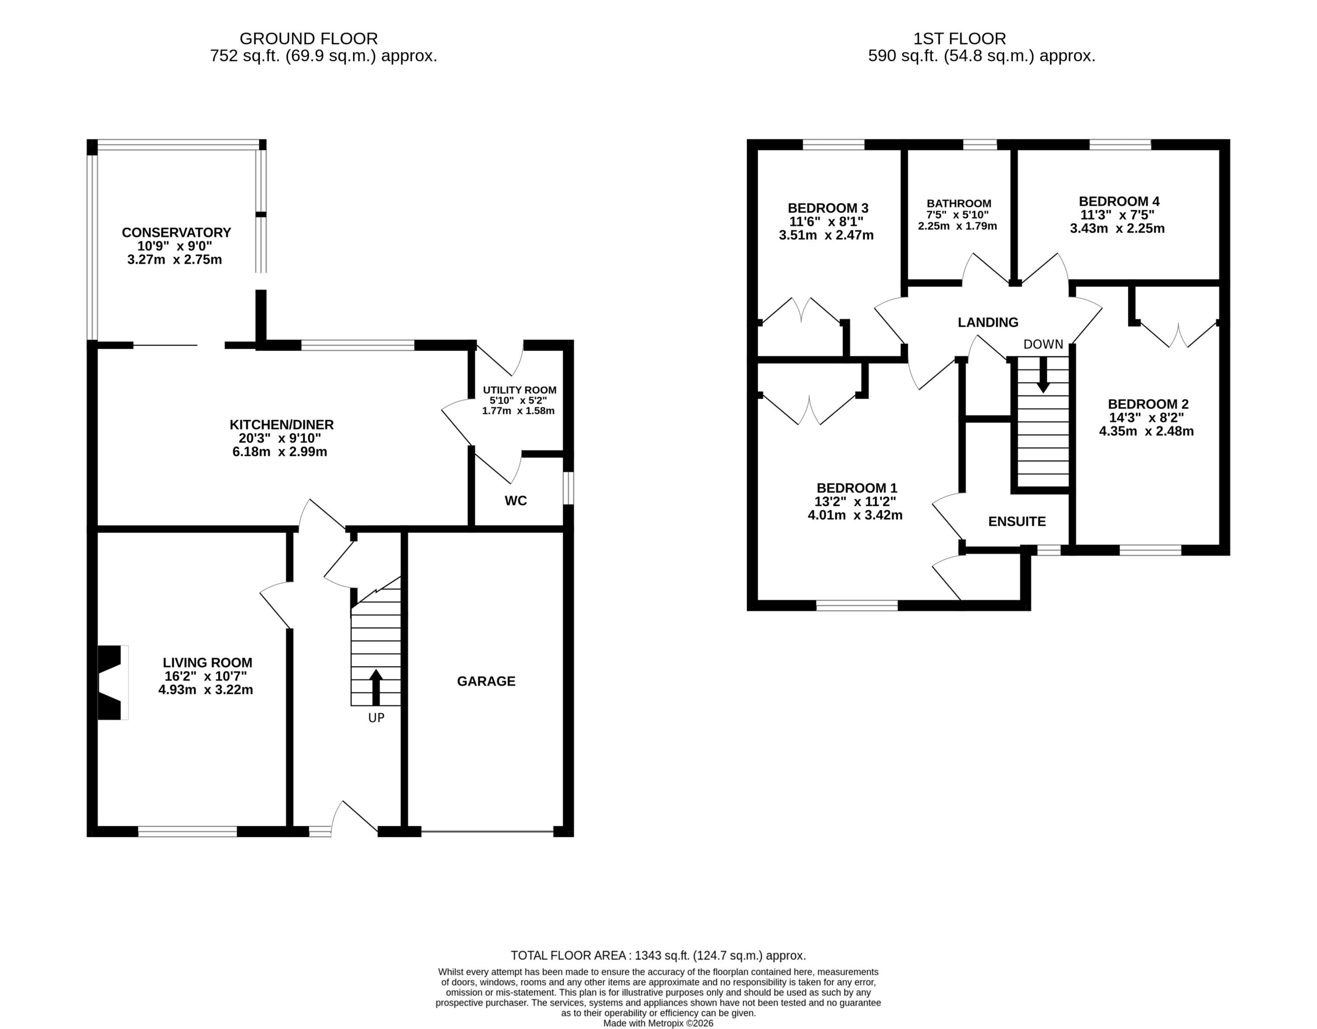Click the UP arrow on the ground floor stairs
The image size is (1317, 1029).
click(x=376, y=687)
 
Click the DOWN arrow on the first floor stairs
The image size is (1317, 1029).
click(x=1043, y=375)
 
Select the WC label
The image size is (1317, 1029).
click(x=515, y=501)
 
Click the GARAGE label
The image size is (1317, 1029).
click(x=486, y=681)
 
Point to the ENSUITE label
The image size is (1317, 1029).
click(x=1017, y=521)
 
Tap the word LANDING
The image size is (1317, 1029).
click(x=988, y=322)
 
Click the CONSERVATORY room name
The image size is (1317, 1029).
click(x=176, y=232)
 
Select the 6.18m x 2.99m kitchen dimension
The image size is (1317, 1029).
click(x=280, y=452)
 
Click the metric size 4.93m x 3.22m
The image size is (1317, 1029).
click(x=206, y=689)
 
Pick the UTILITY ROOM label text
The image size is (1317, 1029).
click(x=519, y=390)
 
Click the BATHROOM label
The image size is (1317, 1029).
click(x=959, y=204)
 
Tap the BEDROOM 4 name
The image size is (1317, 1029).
click(x=1119, y=202)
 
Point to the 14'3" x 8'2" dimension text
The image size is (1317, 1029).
click(x=1146, y=417)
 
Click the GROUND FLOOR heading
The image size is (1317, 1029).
click(x=309, y=39)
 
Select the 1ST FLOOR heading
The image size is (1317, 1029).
click(x=959, y=39)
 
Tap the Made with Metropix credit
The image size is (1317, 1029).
click(x=658, y=1023)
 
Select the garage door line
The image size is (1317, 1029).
click(x=487, y=832)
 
